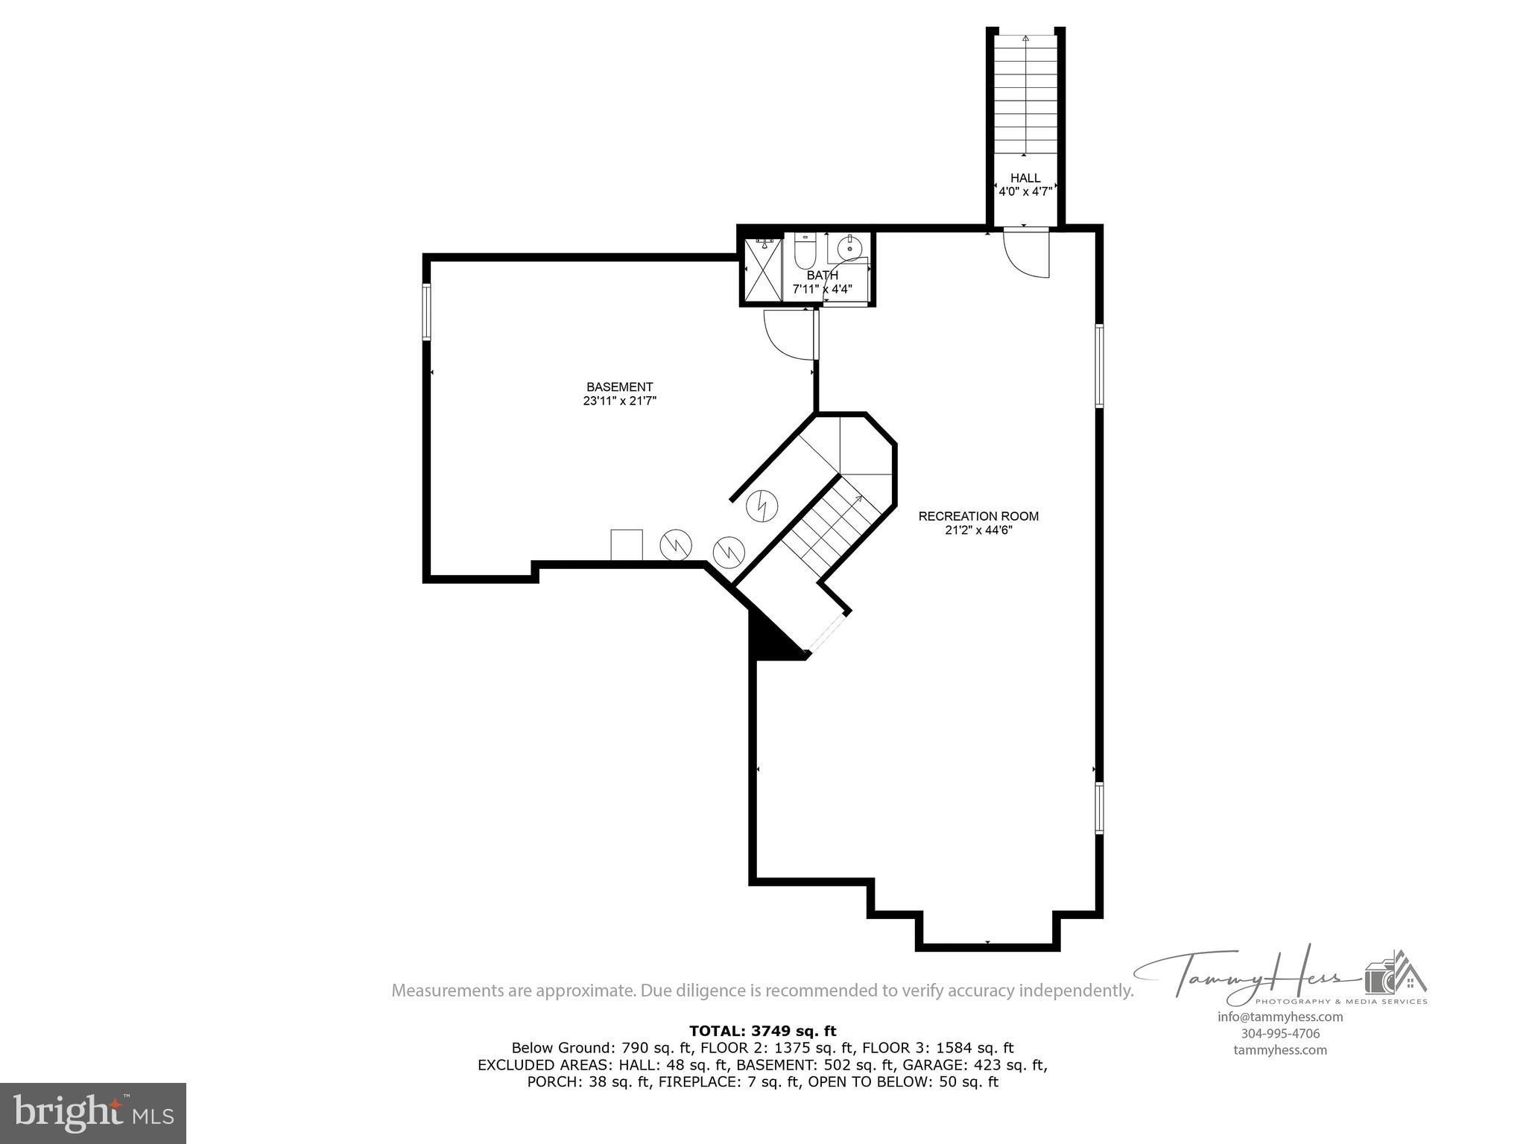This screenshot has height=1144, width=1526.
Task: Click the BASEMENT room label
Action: pyautogui.click(x=619, y=387)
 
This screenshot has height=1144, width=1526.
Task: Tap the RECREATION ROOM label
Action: pyautogui.click(x=978, y=516)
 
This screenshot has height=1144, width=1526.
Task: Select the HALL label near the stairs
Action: pyautogui.click(x=1025, y=178)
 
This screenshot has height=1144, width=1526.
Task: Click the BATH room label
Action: pyautogui.click(x=822, y=276)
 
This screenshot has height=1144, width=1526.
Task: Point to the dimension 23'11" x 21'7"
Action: pyautogui.click(x=619, y=401)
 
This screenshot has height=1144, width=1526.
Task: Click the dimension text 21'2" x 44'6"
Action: pyautogui.click(x=978, y=530)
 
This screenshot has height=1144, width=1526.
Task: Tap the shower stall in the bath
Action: pyautogui.click(x=761, y=269)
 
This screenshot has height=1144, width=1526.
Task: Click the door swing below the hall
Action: pyautogui.click(x=1027, y=252)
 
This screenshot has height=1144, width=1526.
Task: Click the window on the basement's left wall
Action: pyautogui.click(x=427, y=312)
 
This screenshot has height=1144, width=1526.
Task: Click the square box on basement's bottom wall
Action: pyautogui.click(x=626, y=544)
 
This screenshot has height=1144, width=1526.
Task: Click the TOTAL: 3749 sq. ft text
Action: pyautogui.click(x=762, y=1031)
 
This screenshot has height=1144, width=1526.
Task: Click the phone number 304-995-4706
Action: pyautogui.click(x=1279, y=1033)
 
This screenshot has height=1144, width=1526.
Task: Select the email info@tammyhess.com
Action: pyautogui.click(x=1279, y=1017)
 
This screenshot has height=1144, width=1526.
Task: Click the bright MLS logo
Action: pyautogui.click(x=93, y=1113)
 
